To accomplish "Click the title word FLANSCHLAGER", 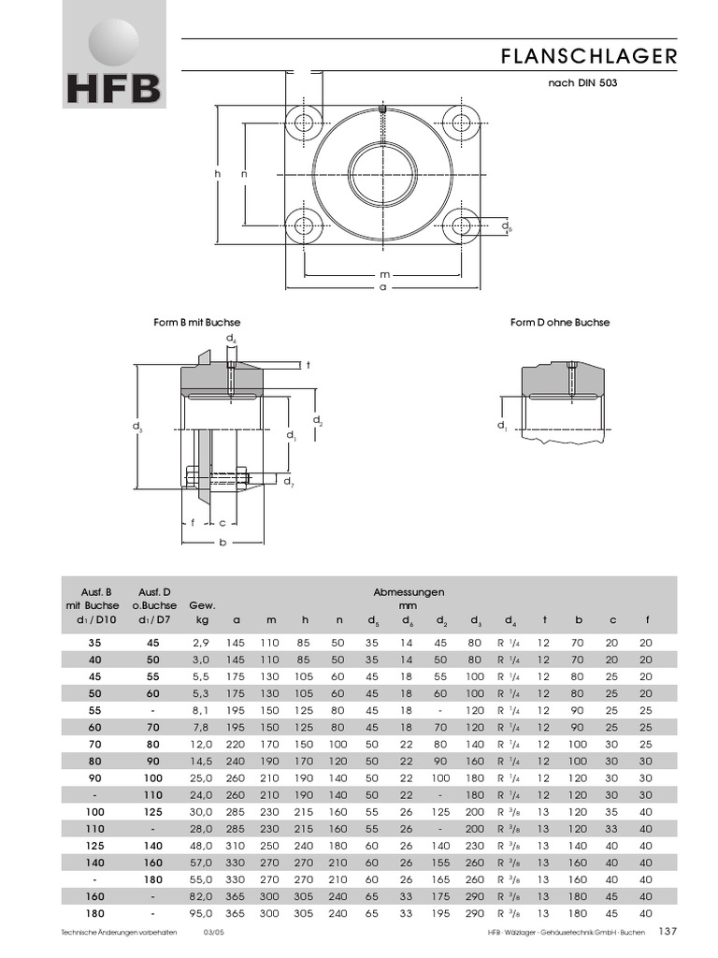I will click(x=588, y=57).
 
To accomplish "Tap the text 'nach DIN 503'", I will click(x=582, y=82).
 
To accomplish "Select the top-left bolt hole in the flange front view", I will click(x=305, y=123).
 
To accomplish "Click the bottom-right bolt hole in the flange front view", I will click(x=460, y=225).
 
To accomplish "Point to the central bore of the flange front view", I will click(x=382, y=174).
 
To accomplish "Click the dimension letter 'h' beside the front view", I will click(x=216, y=174).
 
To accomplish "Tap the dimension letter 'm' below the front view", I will click(x=382, y=275).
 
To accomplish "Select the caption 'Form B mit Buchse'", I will click(x=203, y=322).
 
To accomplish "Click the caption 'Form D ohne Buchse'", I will click(x=559, y=322).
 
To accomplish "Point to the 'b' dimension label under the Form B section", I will click(x=223, y=543).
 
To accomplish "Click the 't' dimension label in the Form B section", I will click(x=308, y=365).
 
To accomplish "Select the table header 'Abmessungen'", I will click(x=409, y=592).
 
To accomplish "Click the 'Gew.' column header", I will click(x=202, y=605).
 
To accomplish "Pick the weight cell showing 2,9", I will click(x=201, y=643).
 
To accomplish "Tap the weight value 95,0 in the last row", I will click(x=201, y=912).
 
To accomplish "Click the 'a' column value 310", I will click(x=237, y=845).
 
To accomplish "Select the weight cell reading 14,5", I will click(x=201, y=761).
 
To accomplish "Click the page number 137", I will click(x=668, y=931).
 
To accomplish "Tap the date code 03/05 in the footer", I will click(x=214, y=933).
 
